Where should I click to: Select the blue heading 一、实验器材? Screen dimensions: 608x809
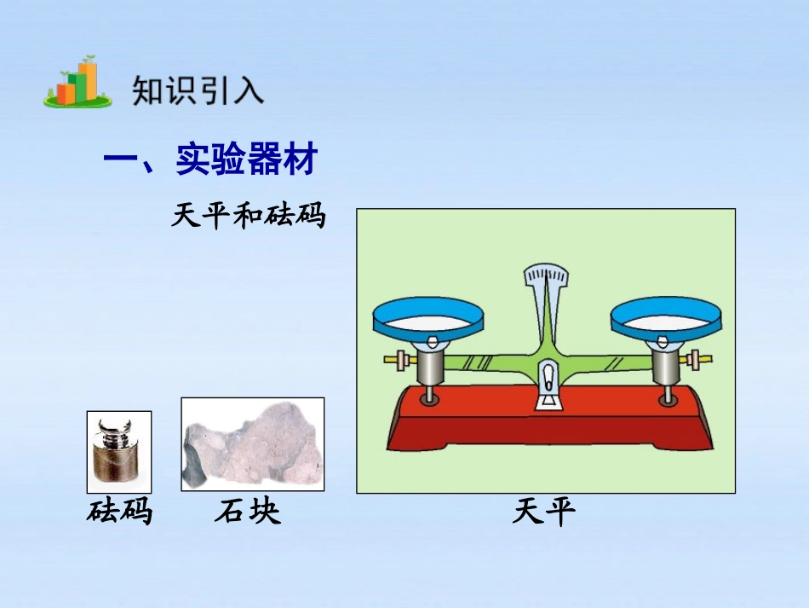210,159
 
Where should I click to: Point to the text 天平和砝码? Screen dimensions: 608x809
248,216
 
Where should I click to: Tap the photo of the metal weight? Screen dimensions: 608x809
119,452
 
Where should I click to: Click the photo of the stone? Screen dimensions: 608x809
252,444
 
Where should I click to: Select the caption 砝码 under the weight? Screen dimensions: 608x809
119,512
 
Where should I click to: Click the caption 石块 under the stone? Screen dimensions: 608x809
247,512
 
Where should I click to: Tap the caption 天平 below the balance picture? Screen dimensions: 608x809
544,512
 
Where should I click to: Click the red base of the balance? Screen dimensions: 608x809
548,422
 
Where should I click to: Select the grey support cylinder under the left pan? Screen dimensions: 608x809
431,368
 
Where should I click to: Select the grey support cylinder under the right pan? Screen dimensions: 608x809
667,368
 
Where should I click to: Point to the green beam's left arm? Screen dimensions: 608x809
485,362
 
